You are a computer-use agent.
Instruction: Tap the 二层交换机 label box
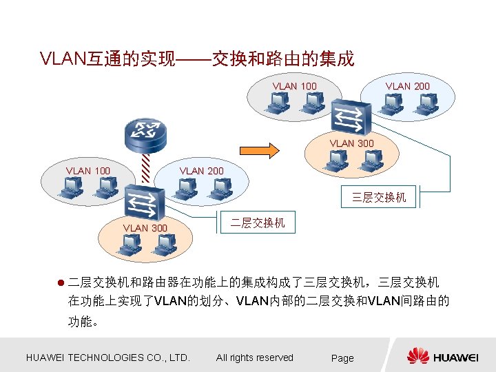point(257,223)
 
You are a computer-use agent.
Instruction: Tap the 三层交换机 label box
point(379,198)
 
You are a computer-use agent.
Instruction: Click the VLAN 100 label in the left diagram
point(88,170)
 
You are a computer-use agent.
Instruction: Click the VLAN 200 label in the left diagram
point(201,170)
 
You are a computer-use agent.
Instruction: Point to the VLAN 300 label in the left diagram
point(145,227)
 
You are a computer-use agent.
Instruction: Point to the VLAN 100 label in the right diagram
point(295,86)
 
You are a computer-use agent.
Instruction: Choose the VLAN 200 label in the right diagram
point(408,86)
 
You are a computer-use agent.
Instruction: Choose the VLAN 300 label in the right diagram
point(351,143)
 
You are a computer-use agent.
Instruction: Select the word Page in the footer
point(342,358)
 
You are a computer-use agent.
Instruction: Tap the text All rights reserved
point(254,358)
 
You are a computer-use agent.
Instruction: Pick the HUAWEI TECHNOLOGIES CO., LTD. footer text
point(107,358)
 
